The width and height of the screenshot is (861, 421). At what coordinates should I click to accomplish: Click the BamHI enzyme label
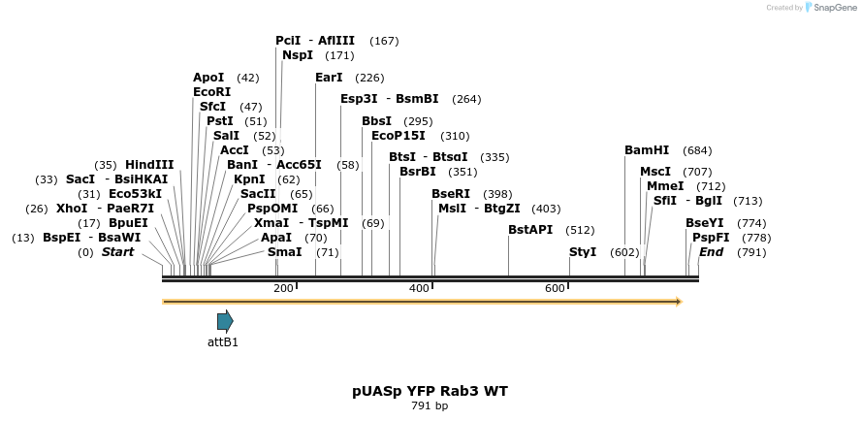(647, 150)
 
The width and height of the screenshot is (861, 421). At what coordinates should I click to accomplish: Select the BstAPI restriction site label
(530, 230)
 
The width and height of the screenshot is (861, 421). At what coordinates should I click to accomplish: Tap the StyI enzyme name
(583, 252)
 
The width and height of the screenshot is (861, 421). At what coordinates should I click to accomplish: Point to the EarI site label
(329, 78)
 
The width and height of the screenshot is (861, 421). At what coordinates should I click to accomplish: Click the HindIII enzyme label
(149, 165)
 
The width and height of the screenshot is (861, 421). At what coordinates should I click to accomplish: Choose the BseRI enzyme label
(451, 194)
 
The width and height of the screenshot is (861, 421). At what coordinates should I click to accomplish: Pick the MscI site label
(655, 172)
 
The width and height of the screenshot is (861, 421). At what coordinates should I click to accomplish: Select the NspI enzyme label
(298, 55)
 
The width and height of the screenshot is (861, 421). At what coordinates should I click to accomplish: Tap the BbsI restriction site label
(376, 121)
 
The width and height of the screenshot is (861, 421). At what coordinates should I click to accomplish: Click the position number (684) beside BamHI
(697, 150)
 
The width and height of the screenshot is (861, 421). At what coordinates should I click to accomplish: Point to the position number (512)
(580, 230)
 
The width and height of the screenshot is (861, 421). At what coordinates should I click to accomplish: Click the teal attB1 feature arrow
(225, 321)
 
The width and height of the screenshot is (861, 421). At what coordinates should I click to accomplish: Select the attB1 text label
(223, 341)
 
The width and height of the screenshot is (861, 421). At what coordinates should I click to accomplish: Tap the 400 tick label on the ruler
(419, 288)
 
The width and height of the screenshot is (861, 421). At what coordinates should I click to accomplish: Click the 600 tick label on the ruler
(555, 288)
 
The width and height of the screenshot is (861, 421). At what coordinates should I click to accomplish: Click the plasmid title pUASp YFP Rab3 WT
(430, 391)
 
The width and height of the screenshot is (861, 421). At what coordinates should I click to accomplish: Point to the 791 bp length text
(430, 405)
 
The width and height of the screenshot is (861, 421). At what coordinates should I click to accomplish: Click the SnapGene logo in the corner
(830, 8)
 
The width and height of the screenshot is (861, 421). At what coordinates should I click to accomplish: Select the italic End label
(711, 252)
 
